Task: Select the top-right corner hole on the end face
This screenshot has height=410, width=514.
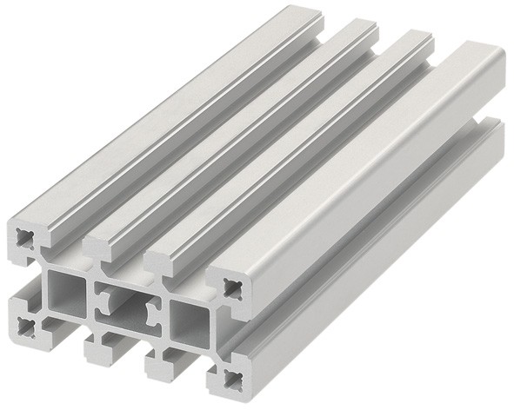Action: pos(234,288)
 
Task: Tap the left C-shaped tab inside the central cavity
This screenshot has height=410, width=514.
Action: pos(103,299)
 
